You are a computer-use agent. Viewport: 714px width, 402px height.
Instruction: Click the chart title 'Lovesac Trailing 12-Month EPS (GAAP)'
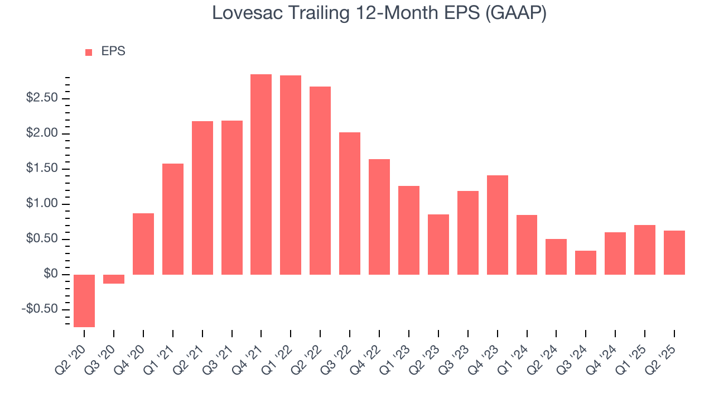pos(379,13)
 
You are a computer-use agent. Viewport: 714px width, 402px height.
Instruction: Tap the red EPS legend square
pos(89,52)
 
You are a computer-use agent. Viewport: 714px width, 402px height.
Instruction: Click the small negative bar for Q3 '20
pos(114,279)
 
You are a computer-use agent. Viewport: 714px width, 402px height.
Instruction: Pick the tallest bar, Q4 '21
pos(261,174)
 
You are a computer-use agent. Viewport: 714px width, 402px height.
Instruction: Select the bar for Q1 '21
pos(173,219)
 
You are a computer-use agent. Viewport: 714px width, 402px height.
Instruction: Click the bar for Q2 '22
pos(320,180)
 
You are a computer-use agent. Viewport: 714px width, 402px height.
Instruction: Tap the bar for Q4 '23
pos(498,225)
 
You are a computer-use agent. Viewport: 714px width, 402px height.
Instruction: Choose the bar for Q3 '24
pos(586,262)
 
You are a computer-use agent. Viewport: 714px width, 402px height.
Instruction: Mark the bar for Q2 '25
pos(674,252)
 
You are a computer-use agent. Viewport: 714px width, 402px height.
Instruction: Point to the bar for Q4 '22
pos(379,217)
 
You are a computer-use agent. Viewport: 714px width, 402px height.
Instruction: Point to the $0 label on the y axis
pos(51,274)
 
